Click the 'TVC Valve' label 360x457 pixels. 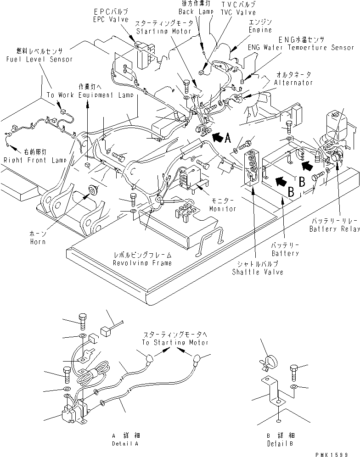coord(238,13)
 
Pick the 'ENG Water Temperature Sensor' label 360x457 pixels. coord(301,47)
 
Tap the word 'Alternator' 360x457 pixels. coord(293,83)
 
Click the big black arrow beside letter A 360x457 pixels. coord(220,136)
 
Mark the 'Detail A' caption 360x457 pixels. coord(125,444)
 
